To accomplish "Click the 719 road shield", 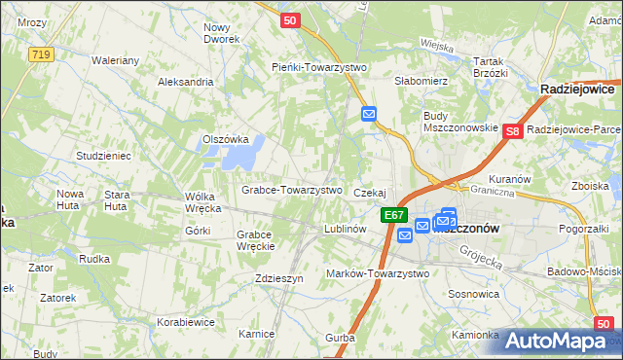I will (41, 55).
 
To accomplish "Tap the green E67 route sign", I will (393, 215).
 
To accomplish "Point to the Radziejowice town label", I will (581, 89).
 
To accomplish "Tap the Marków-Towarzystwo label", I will (378, 273).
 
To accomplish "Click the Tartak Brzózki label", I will (491, 66).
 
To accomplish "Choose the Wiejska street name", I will (439, 44).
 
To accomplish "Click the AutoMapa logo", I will (559, 341).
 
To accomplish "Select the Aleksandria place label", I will (185, 82).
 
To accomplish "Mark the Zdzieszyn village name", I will (278, 277).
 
